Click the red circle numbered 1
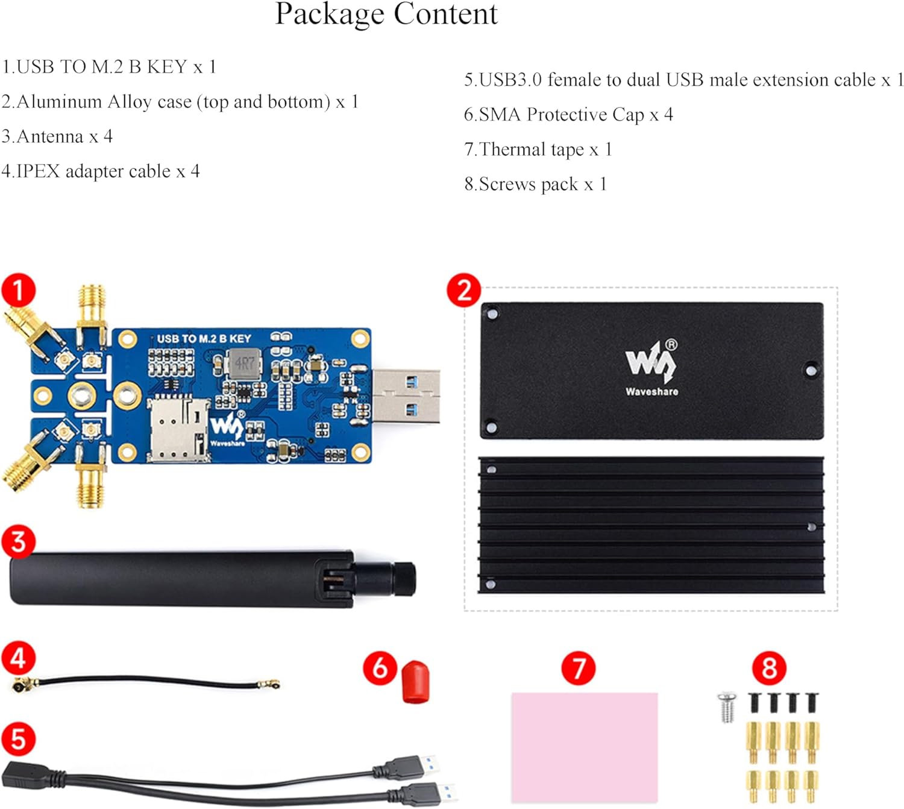(19, 291)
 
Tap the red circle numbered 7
(579, 668)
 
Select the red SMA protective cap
(415, 682)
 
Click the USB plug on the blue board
(406, 395)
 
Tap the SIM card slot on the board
(178, 429)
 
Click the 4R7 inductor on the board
(244, 364)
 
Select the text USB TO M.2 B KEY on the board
(204, 339)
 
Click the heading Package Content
(386, 14)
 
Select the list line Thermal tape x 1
(538, 150)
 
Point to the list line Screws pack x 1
(535, 184)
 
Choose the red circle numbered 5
(19, 739)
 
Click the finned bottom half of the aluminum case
(651, 525)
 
